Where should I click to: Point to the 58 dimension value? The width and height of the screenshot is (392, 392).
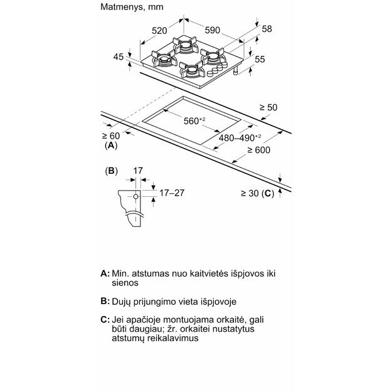coord(267,28)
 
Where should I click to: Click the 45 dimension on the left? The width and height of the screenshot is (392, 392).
coord(119,57)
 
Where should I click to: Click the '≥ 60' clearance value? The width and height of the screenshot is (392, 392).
coord(110,135)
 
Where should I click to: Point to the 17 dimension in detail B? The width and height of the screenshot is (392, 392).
coord(139,170)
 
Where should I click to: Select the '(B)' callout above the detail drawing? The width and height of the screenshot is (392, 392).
coord(110,171)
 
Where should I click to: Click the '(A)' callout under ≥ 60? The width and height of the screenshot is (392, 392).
coord(110,146)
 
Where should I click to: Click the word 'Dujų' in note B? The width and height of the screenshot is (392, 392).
coord(122,302)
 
